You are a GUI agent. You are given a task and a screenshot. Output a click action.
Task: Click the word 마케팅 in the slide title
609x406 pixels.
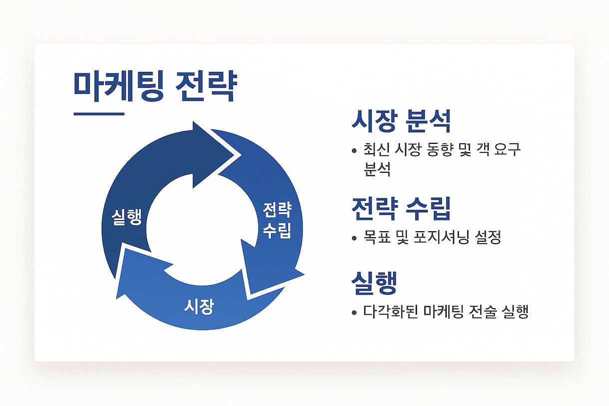[118, 86]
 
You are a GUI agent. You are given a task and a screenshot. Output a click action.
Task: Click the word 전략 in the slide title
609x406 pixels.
[206, 86]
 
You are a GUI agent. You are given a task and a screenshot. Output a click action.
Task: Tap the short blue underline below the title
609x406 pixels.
[99, 114]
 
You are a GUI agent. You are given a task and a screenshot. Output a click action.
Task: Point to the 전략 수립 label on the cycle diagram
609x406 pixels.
[277, 220]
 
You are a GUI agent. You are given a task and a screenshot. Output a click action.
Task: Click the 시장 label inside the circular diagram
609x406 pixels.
[199, 307]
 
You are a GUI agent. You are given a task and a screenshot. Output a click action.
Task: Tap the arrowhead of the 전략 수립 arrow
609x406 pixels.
[272, 272]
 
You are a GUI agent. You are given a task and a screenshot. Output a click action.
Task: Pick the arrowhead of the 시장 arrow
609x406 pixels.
[141, 272]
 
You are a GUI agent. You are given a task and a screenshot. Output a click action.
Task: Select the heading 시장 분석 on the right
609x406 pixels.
[401, 121]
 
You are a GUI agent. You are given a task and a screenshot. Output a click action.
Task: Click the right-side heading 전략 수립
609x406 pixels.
[401, 208]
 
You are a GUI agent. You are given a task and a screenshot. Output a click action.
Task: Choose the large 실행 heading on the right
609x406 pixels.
[374, 283]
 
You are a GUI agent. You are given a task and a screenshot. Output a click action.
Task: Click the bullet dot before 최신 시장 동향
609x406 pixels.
[354, 150]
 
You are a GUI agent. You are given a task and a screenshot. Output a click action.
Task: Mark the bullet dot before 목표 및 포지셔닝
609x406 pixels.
[354, 238]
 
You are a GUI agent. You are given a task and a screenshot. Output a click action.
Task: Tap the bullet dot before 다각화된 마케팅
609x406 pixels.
[354, 313]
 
